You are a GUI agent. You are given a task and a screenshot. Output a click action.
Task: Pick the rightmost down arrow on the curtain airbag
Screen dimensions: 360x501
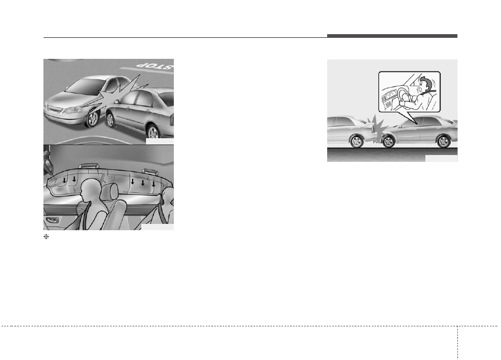coord(153,184)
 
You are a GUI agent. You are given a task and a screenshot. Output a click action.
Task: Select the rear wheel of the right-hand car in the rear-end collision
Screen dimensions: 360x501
coord(444,142)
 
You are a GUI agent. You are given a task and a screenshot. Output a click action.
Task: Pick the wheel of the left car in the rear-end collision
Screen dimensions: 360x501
coord(357,141)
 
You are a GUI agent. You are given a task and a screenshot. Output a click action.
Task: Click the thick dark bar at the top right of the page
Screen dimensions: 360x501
coord(392,36)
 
